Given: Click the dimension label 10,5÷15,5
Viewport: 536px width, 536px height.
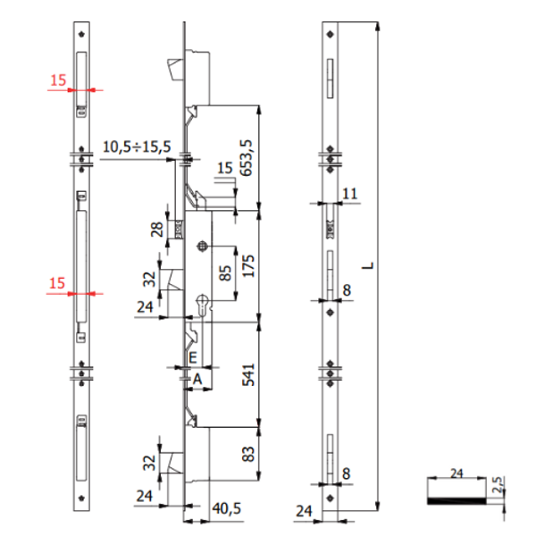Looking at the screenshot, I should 137,146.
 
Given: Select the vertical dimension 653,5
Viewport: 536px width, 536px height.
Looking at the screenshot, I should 247,155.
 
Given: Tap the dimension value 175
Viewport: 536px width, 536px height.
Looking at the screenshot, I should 247,265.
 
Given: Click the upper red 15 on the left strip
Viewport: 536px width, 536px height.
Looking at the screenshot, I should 58,80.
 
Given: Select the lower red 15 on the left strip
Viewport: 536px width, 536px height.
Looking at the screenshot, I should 58,283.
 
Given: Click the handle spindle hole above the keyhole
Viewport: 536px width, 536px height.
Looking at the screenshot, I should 205,247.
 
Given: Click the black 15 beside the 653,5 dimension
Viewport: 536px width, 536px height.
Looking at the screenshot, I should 223,167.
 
